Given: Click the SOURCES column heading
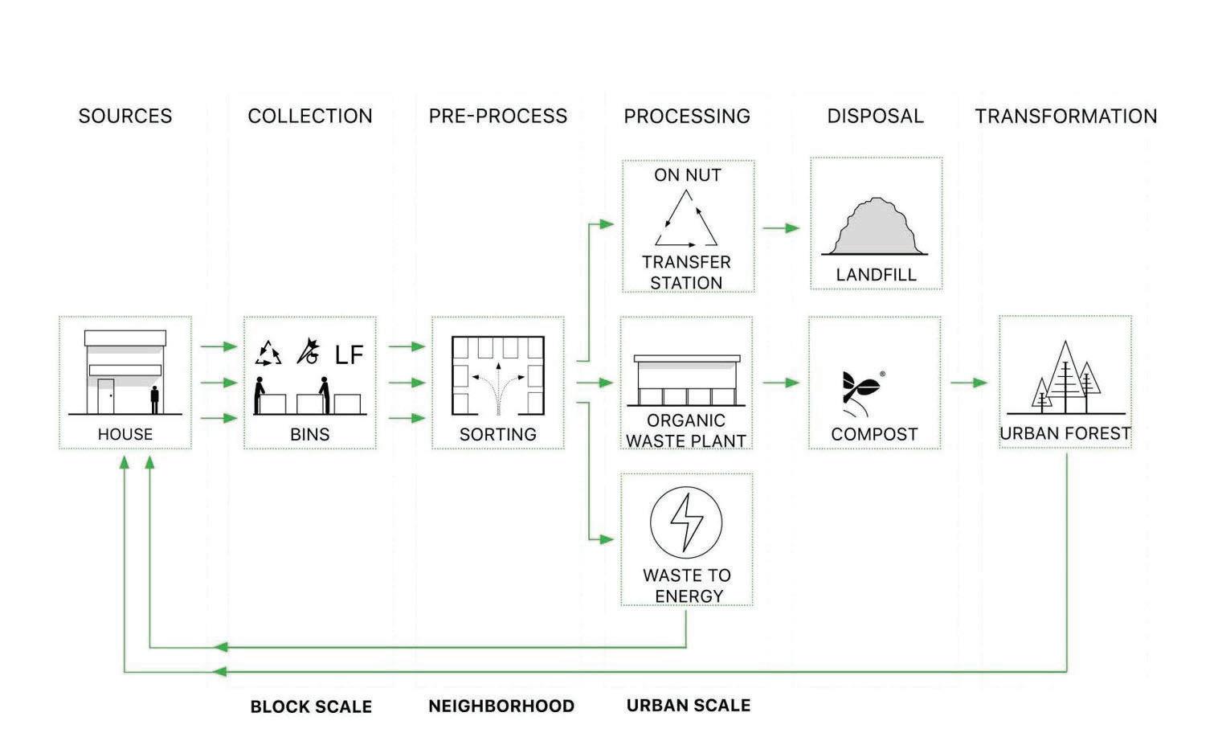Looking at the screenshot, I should point(125,117).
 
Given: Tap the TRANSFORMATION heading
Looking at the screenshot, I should point(1065,117).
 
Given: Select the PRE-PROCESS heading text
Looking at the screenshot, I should point(497,117).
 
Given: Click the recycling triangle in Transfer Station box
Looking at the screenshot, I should point(687,219).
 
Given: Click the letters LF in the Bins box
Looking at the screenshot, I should point(349,354).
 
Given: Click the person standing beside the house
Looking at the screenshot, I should point(154,399).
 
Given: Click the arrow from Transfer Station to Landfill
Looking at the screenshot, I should point(781,228).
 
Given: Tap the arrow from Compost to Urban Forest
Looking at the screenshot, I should point(969,383).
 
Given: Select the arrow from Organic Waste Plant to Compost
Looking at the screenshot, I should point(781,383).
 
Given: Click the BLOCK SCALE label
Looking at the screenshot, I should point(311,707).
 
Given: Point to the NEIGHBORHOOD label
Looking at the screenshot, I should point(501,706).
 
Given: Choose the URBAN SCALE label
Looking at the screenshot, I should point(689,706).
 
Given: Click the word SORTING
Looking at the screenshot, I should point(497,435).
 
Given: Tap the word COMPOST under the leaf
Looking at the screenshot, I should point(874,435).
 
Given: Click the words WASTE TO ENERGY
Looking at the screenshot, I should point(687,586).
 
